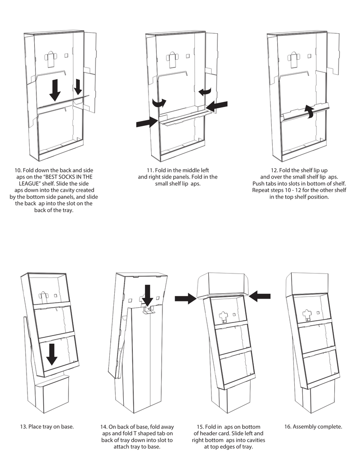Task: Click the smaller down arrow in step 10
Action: (x=77, y=87)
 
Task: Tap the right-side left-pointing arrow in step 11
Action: (x=217, y=106)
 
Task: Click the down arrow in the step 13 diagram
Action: (x=52, y=354)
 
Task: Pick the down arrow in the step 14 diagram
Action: (x=147, y=296)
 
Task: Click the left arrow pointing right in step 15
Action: (x=185, y=297)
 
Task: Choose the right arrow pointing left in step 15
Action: (x=260, y=296)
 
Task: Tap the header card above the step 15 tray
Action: (x=223, y=283)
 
